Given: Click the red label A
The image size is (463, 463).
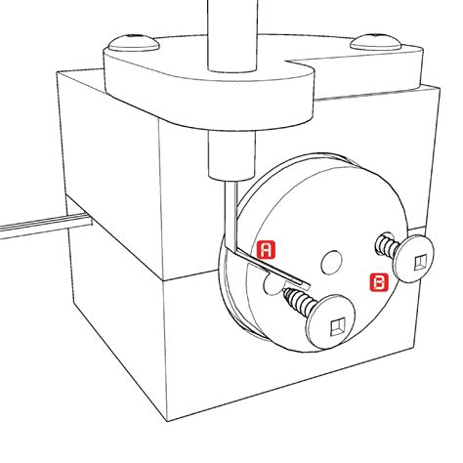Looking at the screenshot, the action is click(x=266, y=250).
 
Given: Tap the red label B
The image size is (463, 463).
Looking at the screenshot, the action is click(x=379, y=281).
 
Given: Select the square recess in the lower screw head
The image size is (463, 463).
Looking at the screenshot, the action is click(x=336, y=326).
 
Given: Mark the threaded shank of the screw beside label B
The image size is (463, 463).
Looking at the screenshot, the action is click(x=387, y=246).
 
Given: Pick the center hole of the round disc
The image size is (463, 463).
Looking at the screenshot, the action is click(x=332, y=262).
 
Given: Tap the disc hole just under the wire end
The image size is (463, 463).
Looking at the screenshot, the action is click(x=273, y=283).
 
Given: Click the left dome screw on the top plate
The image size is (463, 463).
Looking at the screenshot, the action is click(x=134, y=43).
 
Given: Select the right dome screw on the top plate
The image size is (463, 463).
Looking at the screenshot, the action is click(x=375, y=42).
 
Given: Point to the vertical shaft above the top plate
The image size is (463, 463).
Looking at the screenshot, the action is click(x=232, y=35).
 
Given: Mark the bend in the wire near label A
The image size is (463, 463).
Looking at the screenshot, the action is click(x=233, y=250).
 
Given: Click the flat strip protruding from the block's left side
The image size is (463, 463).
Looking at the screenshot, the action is click(x=46, y=226).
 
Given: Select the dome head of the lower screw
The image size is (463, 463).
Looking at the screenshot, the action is click(x=331, y=321).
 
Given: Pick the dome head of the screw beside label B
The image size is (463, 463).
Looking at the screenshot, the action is click(x=414, y=258).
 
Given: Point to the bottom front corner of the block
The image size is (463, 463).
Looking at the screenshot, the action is click(x=168, y=422).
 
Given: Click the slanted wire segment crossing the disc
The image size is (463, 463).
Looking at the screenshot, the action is click(x=273, y=268).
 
